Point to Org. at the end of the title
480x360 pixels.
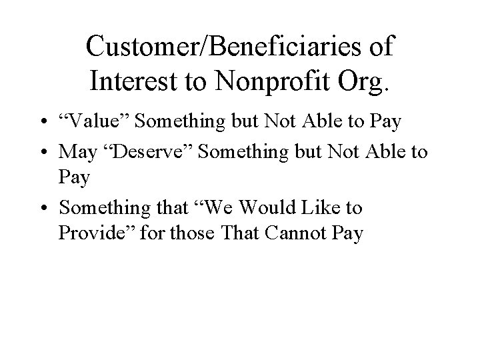(365, 81)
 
